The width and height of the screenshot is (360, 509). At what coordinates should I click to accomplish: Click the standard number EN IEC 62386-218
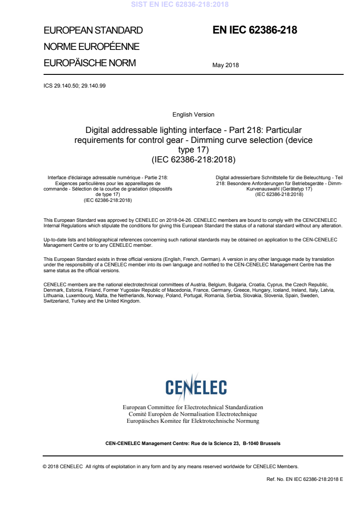255,30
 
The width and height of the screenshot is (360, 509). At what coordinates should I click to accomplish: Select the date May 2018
225,65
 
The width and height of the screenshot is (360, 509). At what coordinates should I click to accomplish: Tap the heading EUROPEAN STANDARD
93,31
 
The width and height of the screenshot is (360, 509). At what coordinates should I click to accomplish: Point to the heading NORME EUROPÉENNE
91,47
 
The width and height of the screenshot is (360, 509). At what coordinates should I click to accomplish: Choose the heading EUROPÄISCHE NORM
89,63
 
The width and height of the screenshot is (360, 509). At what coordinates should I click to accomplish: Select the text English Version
193,115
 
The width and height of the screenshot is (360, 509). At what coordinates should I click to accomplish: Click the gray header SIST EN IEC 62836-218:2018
180,5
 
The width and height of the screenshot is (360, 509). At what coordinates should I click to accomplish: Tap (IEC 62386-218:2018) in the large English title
193,159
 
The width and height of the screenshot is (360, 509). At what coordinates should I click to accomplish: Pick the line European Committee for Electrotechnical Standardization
193,407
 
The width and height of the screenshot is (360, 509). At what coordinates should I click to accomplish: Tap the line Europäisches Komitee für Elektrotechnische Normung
193,421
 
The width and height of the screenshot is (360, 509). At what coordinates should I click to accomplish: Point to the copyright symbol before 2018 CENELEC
44,466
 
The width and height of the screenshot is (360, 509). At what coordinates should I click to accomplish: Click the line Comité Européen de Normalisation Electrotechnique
193,414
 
